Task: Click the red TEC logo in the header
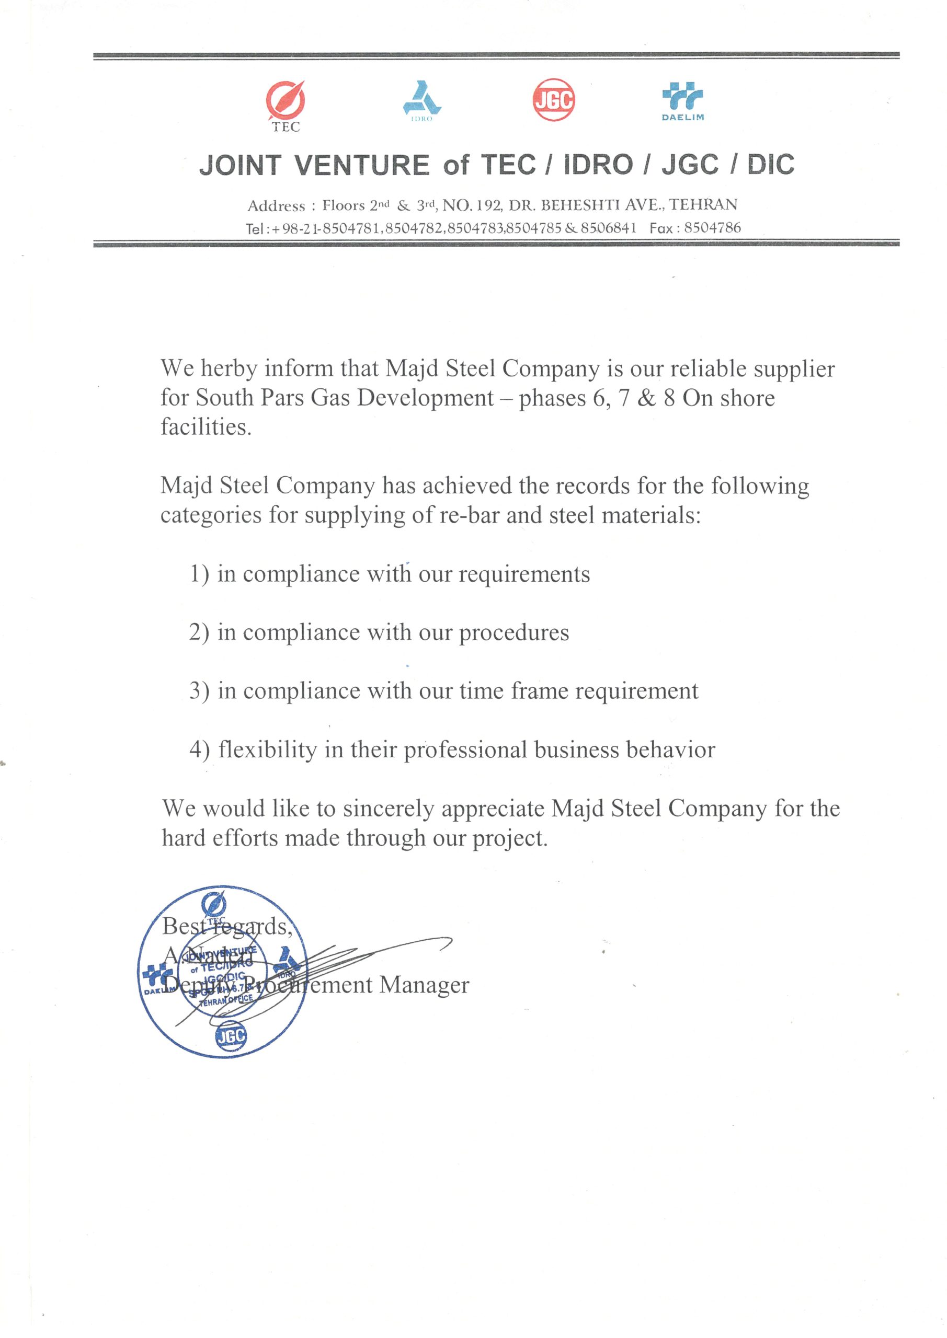pos(285,100)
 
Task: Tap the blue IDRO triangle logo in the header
pos(421,98)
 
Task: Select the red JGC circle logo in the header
pos(553,100)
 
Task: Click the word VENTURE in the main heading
pos(362,165)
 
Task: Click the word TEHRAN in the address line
pos(703,204)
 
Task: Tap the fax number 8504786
pos(712,228)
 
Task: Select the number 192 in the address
pos(488,205)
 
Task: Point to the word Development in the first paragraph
pos(425,398)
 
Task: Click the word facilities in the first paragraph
pos(206,427)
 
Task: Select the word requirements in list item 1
pos(524,574)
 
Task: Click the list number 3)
pos(199,691)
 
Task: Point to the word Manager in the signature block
pos(424,985)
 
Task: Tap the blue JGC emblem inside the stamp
pos(231,1035)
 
